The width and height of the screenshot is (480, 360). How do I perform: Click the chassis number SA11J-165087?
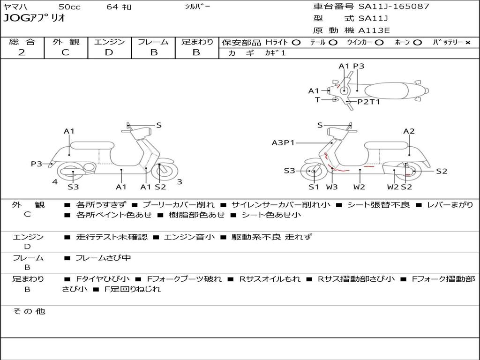[394, 7]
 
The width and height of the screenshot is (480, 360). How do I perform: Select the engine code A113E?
[374, 31]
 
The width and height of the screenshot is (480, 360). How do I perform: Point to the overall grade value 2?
[22, 52]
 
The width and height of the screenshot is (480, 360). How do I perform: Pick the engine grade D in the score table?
[109, 52]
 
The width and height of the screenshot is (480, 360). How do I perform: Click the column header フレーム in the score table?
[153, 42]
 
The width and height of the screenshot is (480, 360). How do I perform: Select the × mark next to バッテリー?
[467, 42]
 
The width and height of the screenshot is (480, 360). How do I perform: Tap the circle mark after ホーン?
[417, 42]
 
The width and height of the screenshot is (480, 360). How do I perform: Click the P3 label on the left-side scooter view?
[37, 164]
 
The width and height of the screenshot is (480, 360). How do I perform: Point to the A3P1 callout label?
[283, 142]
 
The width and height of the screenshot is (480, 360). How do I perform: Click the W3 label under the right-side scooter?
[332, 187]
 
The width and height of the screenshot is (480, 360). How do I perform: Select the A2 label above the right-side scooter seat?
[409, 131]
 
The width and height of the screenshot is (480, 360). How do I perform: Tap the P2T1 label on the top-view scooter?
[369, 101]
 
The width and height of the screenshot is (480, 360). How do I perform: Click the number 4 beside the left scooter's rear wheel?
[55, 181]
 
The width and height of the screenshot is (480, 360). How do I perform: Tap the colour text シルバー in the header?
[198, 7]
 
